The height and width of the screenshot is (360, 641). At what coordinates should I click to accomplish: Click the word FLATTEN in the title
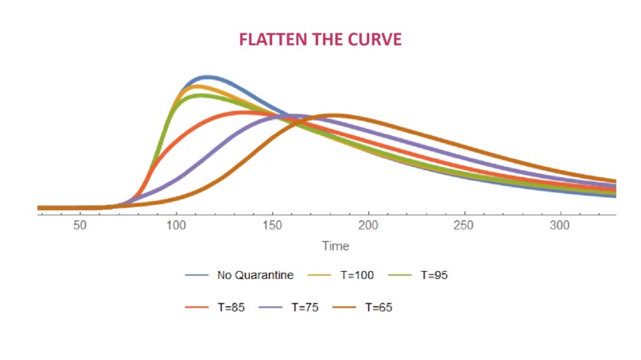pyautogui.click(x=273, y=40)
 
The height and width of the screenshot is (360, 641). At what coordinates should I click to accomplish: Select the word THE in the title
pyautogui.click(x=328, y=40)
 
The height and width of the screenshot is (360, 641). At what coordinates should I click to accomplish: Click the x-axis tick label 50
pyautogui.click(x=80, y=225)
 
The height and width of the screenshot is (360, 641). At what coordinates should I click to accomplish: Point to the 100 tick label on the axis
pyautogui.click(x=177, y=225)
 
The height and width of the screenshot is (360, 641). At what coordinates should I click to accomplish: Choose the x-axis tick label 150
pyautogui.click(x=272, y=225)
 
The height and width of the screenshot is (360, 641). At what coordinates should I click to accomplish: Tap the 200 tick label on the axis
pyautogui.click(x=368, y=225)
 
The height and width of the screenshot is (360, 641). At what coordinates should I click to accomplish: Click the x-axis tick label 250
pyautogui.click(x=464, y=225)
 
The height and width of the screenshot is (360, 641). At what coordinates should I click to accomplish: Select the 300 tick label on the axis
pyautogui.click(x=560, y=225)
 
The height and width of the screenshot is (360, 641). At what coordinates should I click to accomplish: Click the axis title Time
pyautogui.click(x=336, y=246)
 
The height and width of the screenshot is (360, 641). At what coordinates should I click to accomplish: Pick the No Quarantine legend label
pyautogui.click(x=255, y=275)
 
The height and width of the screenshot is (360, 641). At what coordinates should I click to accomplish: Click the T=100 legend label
pyautogui.click(x=357, y=275)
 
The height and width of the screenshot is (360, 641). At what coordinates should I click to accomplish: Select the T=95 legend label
pyautogui.click(x=434, y=275)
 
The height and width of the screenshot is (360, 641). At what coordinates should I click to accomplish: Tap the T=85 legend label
pyautogui.click(x=231, y=308)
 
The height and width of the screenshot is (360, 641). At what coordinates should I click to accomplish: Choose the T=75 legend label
pyautogui.click(x=305, y=308)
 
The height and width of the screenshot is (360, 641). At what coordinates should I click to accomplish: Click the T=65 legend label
pyautogui.click(x=379, y=308)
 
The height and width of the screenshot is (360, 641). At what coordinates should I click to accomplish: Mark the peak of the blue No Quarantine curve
pyautogui.click(x=208, y=77)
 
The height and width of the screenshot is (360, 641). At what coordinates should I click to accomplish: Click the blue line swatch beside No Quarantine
pyautogui.click(x=196, y=275)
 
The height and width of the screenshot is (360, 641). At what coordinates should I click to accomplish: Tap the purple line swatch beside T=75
pyautogui.click(x=270, y=308)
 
